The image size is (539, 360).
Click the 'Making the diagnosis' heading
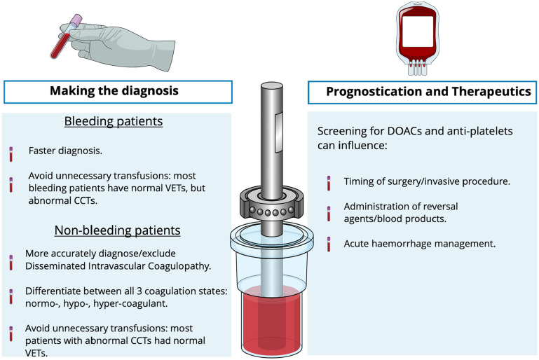(x=114, y=92)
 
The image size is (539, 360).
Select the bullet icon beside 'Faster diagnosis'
(x=11, y=151)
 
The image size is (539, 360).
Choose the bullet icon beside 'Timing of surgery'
(x=329, y=183)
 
